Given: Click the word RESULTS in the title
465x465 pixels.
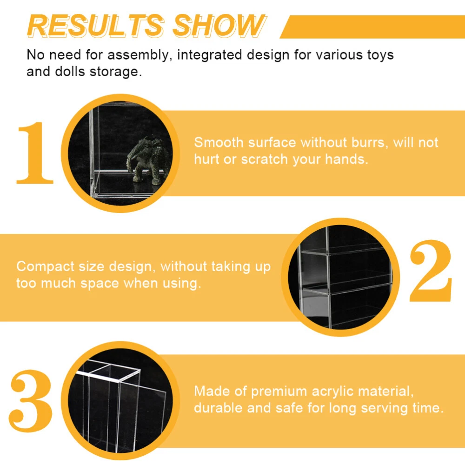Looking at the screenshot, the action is (x=95, y=26).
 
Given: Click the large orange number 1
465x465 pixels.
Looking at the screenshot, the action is (x=35, y=153).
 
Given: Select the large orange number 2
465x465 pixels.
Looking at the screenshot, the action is (x=431, y=271).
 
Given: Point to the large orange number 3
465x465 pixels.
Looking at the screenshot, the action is (x=31, y=401).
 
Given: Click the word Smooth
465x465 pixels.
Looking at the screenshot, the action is (x=219, y=143).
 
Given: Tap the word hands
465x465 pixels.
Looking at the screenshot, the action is (x=346, y=159).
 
